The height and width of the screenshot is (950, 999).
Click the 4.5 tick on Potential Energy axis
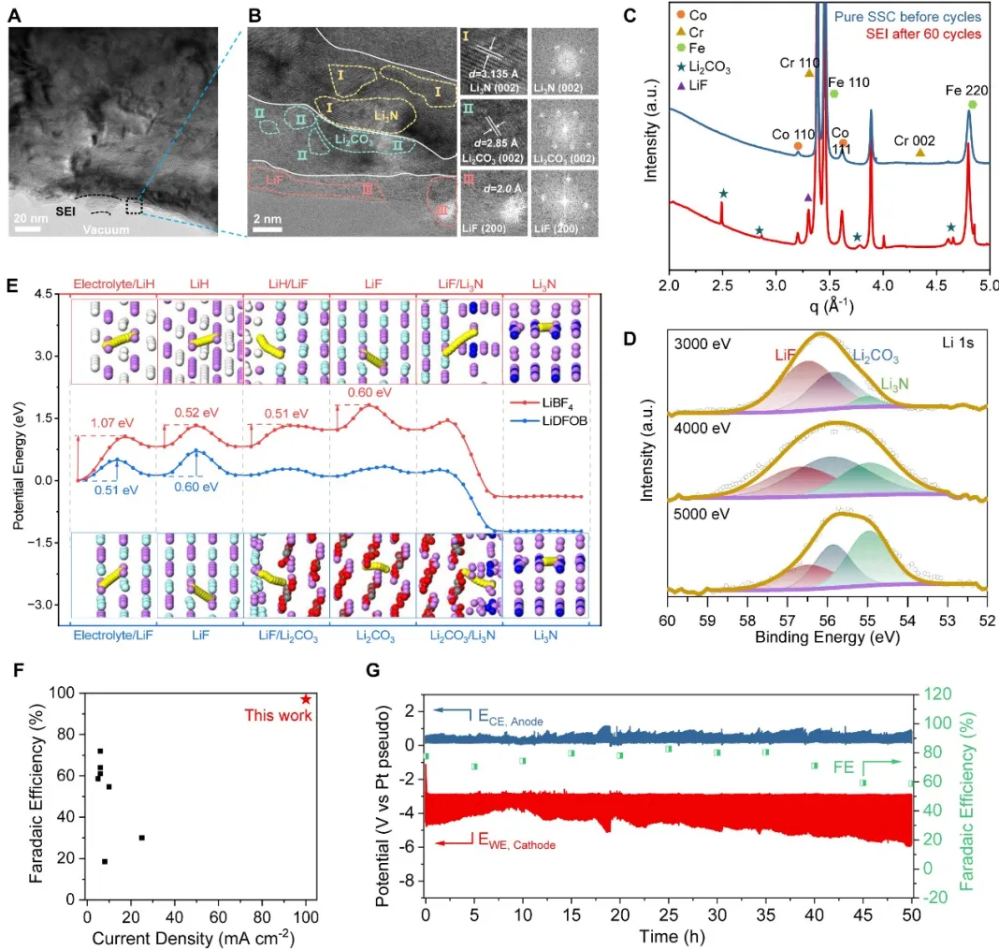(44, 294)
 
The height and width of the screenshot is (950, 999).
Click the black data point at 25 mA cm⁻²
(141, 838)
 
